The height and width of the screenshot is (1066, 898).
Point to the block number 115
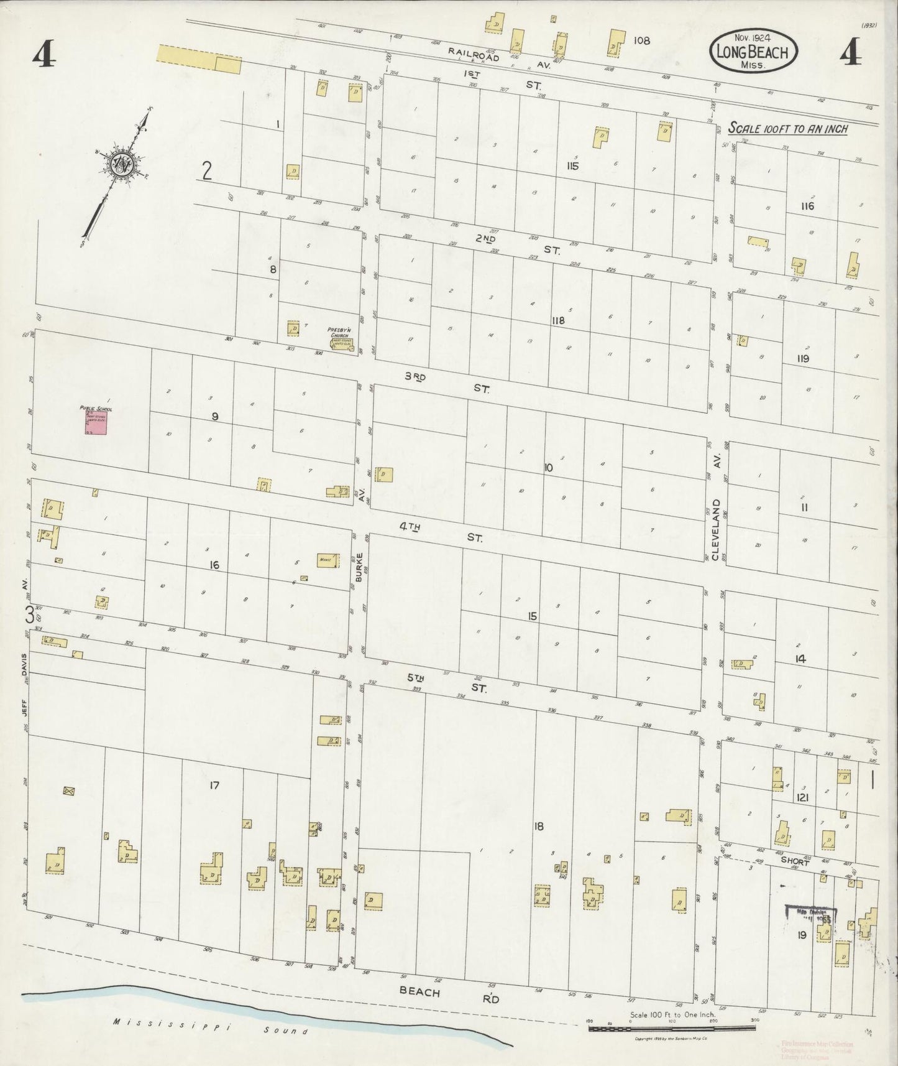tap(572, 166)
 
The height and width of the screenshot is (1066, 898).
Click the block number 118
tap(558, 320)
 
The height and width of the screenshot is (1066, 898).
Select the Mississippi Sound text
tap(211, 1028)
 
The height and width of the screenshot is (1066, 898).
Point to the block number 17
tap(214, 786)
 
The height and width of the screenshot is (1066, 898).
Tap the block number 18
tap(538, 827)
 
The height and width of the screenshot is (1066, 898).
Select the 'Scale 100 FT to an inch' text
tap(787, 129)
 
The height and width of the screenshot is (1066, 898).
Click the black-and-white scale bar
tap(671, 1028)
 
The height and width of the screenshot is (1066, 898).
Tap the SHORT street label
tap(795, 863)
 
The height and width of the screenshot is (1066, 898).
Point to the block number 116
tap(807, 206)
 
